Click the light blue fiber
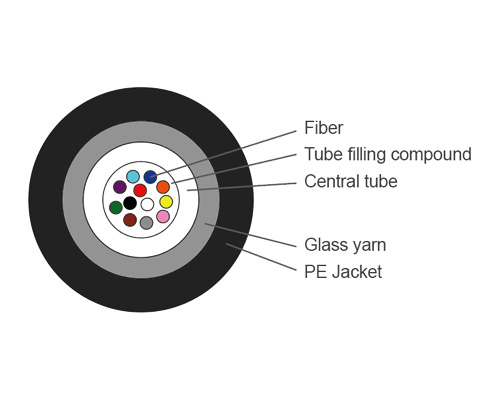pos(133,177)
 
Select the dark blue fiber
pos(150,177)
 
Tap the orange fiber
pos(163,187)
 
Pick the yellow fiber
pos(166,202)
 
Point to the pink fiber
pos(163,216)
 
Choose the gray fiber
pos(147,222)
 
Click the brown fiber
pos(130,220)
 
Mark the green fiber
pos(116,207)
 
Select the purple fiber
pos(120,187)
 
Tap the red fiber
pos(140,190)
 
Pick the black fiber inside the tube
pos(130,203)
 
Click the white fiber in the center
pos(147,204)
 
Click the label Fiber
pos(324,129)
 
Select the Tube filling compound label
pos(387,155)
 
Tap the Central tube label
pos(350,181)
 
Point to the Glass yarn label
pos(344,244)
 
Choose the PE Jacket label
pos(342,271)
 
